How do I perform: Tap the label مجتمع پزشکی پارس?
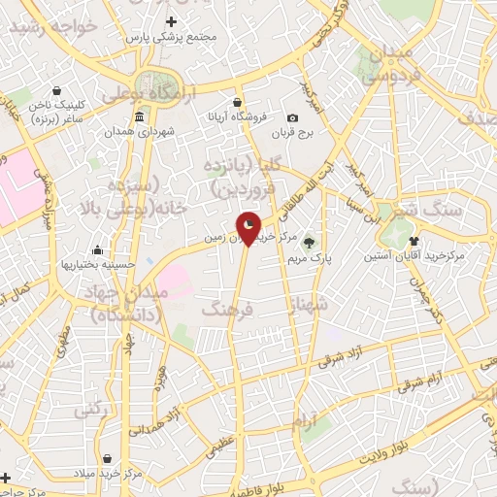tap(172, 37)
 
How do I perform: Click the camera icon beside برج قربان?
tap(293, 118)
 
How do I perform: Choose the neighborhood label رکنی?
tap(89, 410)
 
